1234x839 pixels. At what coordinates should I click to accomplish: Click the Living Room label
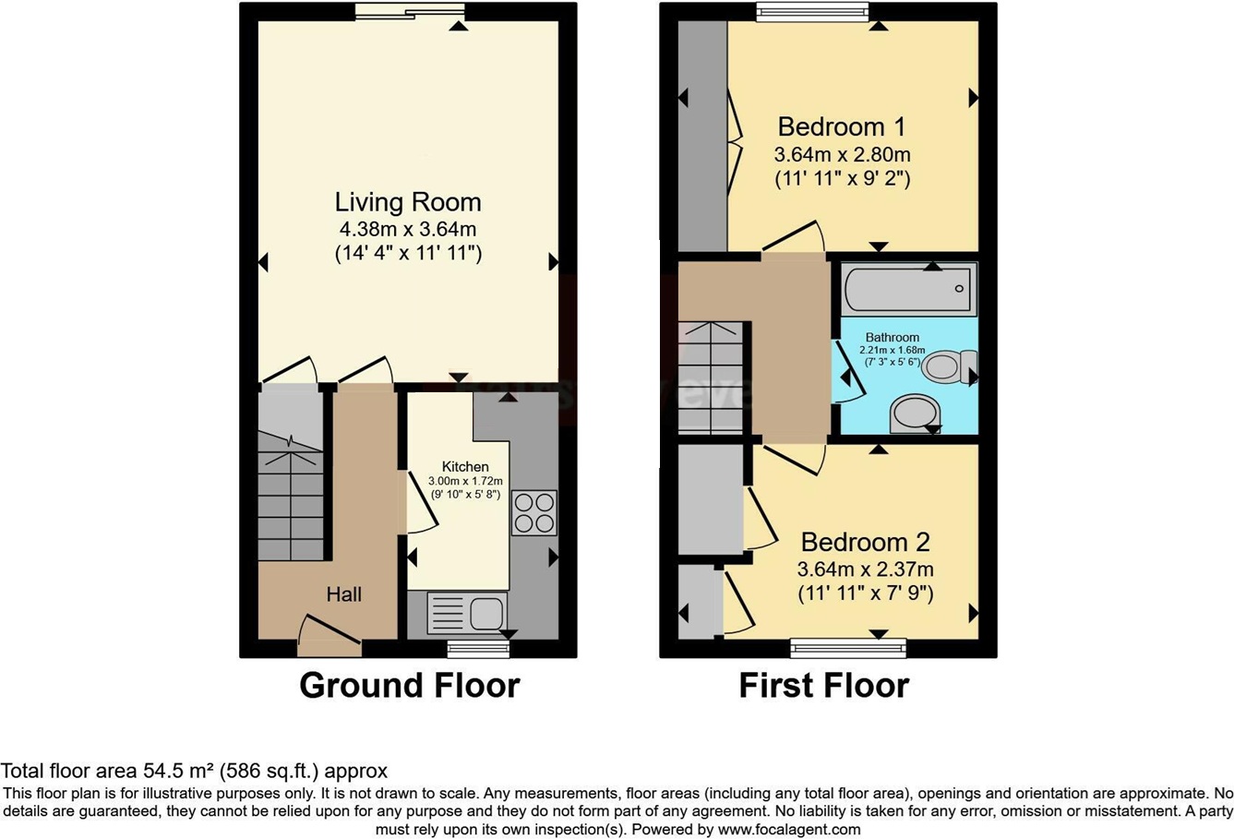[x=408, y=202]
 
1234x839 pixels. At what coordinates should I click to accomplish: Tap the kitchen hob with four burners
[x=534, y=512]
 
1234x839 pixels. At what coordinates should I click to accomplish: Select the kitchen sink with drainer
[x=467, y=613]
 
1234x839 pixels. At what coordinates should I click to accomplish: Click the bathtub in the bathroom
[x=908, y=288]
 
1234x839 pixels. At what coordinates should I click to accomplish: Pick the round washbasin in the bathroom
[x=916, y=413]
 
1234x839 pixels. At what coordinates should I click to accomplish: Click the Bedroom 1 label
[x=841, y=126]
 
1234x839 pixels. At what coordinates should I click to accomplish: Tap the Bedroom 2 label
[x=865, y=542]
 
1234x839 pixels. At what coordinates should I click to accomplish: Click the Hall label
[x=343, y=594]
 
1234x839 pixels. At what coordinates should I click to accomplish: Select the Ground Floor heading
[x=409, y=686]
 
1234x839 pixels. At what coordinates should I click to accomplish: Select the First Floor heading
[x=823, y=686]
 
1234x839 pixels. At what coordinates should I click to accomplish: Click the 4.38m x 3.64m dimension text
[x=408, y=229]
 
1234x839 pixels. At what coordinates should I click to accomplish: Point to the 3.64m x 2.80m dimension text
[x=842, y=154]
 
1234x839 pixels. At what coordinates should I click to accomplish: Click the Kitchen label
[x=465, y=466]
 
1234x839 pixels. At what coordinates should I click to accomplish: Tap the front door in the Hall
[x=329, y=635]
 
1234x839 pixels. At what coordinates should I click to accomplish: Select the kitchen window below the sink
[x=478, y=649]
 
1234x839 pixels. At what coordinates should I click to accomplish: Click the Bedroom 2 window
[x=848, y=649]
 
